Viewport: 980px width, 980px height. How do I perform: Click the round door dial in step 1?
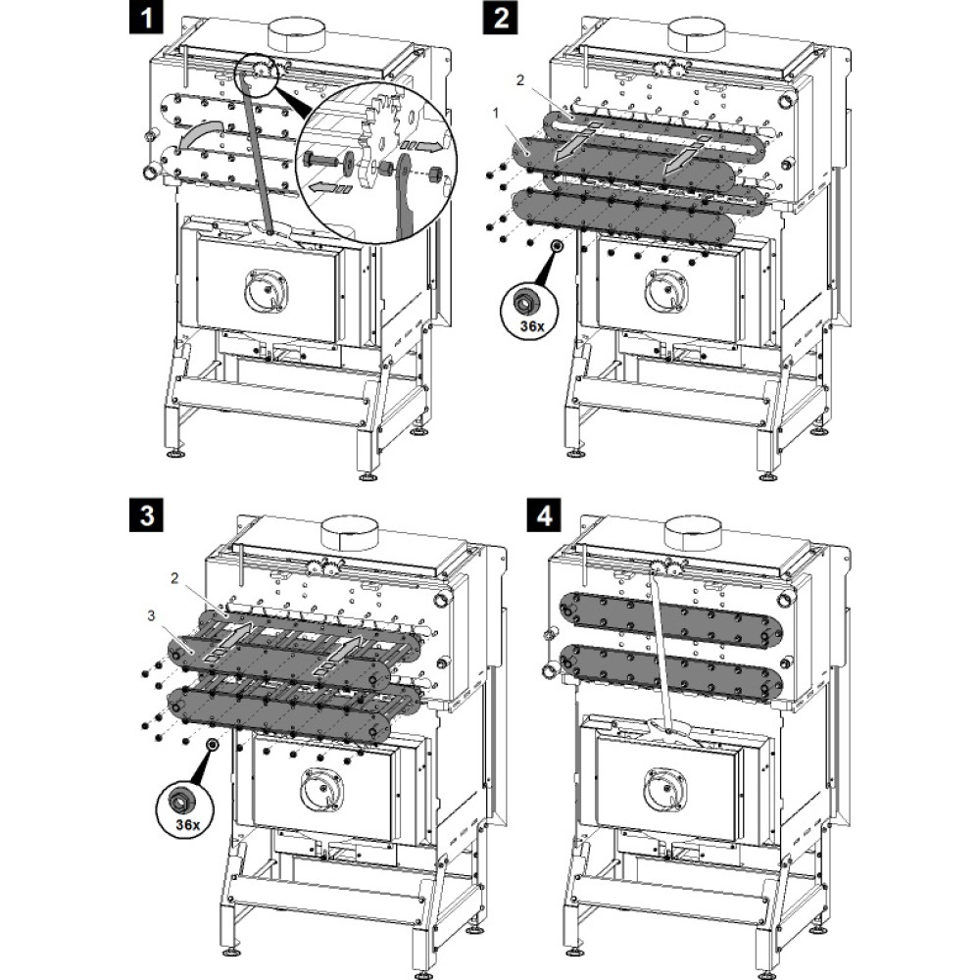coord(267,290)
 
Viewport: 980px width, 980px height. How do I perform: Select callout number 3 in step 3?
coord(150,614)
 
